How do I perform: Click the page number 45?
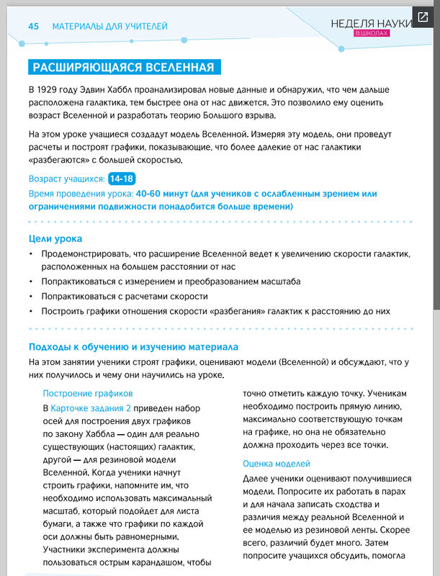(x=33, y=27)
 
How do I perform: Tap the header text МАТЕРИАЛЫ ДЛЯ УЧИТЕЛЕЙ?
(x=109, y=27)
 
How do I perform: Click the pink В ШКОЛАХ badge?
(x=376, y=34)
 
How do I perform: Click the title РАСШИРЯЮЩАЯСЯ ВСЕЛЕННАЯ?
(x=123, y=68)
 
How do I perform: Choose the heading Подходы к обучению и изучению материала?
(x=133, y=348)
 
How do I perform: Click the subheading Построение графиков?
(x=88, y=394)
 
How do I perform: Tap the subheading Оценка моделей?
(x=277, y=464)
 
